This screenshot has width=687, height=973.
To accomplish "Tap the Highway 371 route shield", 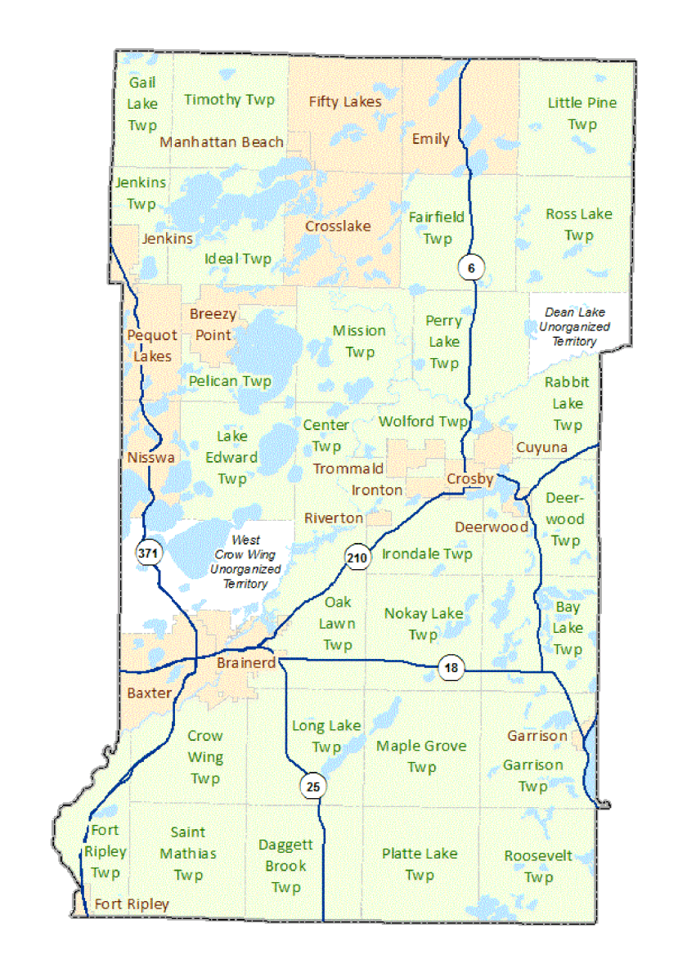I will click(x=147, y=554).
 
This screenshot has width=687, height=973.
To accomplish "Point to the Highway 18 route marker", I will click(x=451, y=667).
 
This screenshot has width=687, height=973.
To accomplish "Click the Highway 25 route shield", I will click(x=312, y=787).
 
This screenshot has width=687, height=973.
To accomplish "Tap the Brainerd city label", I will click(x=246, y=663).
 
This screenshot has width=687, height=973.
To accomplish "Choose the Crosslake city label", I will click(x=338, y=226).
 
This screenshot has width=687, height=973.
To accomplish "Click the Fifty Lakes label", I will click(x=345, y=101).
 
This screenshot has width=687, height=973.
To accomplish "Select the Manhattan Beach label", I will click(x=222, y=141).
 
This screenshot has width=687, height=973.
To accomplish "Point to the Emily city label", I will click(x=430, y=139).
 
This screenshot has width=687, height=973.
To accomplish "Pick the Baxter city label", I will click(x=150, y=693).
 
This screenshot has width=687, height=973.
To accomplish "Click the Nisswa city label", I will click(x=151, y=458).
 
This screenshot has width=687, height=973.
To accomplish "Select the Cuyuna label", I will click(x=541, y=447).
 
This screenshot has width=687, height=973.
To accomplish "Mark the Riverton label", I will click(x=334, y=518).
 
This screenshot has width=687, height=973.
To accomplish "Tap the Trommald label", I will click(x=348, y=469).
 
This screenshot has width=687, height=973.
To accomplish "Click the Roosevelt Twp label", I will click(x=538, y=867).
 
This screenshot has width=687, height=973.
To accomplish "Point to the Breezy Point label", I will click(x=213, y=325).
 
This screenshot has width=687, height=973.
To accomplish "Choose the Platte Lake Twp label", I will click(x=420, y=864).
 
